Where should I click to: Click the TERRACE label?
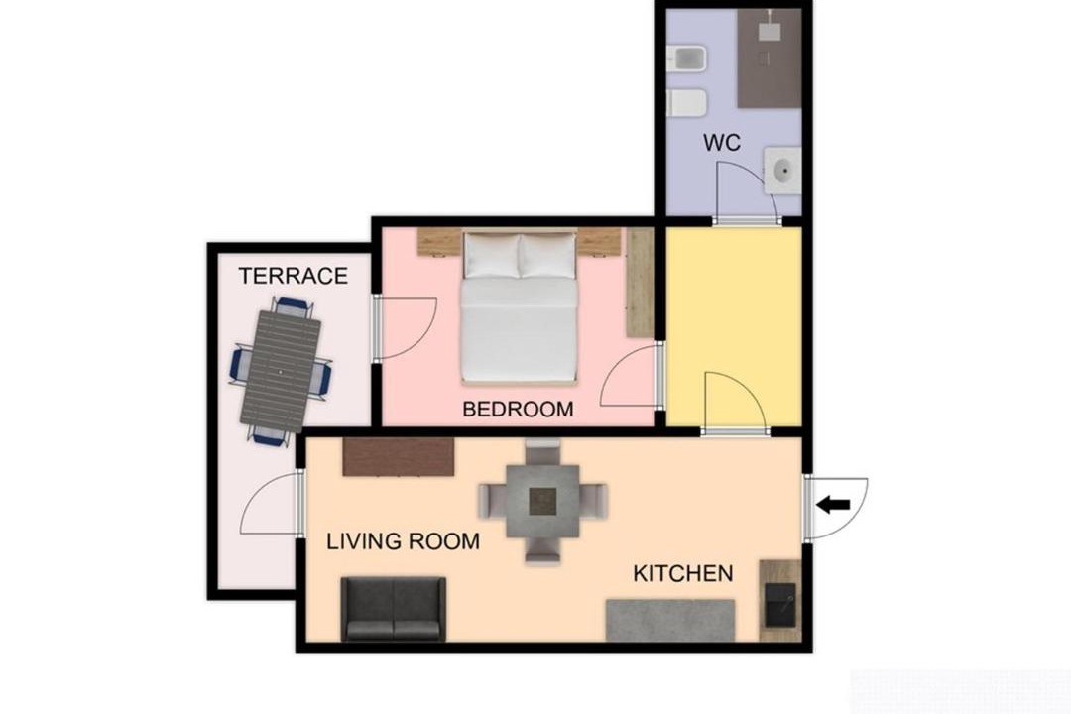293,276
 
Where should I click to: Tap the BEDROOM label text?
518,410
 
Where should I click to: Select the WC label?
722,143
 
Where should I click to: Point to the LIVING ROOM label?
403,541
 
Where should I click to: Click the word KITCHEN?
683,573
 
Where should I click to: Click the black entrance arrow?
833,506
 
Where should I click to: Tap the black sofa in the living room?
394,609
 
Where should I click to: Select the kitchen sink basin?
779,605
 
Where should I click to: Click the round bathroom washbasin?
782,168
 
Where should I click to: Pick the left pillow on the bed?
492,255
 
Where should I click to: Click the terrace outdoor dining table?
281,372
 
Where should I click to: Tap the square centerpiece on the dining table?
543,502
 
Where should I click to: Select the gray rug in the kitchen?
670,621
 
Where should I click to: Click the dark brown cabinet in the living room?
399,456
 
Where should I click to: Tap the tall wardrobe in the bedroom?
640,283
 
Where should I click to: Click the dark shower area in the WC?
770,59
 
